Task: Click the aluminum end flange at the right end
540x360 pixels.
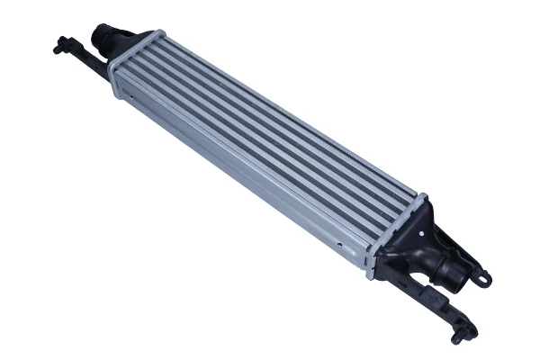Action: point(388,238)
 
